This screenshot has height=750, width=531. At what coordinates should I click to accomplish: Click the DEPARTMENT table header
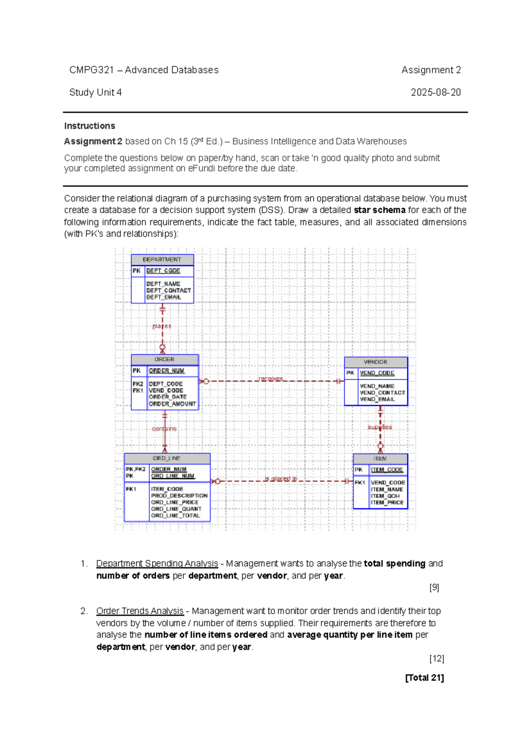(162, 260)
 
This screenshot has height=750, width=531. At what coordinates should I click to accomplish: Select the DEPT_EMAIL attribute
(164, 297)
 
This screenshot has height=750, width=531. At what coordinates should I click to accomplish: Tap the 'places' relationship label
(162, 326)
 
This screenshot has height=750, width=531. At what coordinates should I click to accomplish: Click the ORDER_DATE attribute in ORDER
(168, 397)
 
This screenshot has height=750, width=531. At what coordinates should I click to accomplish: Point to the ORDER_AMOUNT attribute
(172, 404)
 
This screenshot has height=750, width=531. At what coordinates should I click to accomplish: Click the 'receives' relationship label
(270, 379)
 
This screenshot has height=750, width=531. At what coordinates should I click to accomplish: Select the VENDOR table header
(376, 362)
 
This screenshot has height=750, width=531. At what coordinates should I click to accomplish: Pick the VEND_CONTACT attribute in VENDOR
(382, 393)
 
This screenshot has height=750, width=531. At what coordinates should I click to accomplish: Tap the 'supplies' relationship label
(380, 427)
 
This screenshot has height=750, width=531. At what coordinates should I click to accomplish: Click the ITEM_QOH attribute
(385, 496)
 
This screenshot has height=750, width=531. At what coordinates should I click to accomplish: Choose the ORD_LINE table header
(166, 459)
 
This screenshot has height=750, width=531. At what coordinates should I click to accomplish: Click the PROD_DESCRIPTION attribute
(179, 496)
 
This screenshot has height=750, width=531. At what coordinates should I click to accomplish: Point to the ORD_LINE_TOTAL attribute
(176, 516)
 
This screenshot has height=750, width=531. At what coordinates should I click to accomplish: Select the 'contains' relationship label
(164, 429)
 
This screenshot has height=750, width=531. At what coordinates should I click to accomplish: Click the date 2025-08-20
(435, 92)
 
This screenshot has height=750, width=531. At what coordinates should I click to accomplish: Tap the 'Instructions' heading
(89, 126)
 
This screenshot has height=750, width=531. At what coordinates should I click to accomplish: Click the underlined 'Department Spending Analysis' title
(157, 563)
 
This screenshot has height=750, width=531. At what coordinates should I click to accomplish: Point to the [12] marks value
(436, 658)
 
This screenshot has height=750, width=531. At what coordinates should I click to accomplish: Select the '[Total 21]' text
(424, 677)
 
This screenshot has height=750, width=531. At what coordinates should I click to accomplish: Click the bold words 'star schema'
(379, 210)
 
